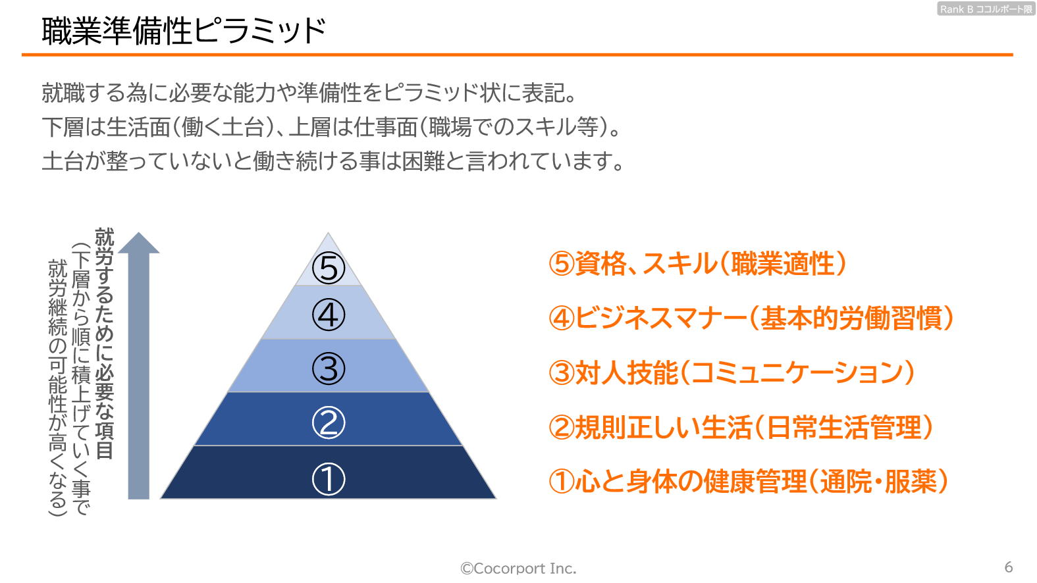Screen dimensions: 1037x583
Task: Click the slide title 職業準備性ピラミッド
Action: point(184,32)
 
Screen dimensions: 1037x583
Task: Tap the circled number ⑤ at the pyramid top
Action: point(329,268)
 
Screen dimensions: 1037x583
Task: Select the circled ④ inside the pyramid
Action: point(329,315)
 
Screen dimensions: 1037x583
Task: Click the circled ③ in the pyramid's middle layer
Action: point(329,368)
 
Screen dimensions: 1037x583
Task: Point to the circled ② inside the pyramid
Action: point(329,423)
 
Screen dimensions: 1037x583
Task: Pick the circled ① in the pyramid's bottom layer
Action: point(329,479)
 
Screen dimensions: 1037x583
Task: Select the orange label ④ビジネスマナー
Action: point(751,318)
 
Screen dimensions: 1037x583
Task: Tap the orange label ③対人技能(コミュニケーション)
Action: point(731,373)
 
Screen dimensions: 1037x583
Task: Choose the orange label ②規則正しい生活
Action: point(741,427)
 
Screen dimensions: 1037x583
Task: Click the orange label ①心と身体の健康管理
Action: point(749,481)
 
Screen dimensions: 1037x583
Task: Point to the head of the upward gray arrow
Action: point(138,232)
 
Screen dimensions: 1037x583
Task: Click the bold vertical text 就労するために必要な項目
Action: point(105,343)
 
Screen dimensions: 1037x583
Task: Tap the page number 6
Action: point(1009,567)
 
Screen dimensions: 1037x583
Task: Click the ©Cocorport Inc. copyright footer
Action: point(518,568)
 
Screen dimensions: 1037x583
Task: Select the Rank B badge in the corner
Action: point(986,9)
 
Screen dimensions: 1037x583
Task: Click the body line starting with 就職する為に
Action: point(309,93)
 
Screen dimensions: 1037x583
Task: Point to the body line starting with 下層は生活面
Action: point(331,127)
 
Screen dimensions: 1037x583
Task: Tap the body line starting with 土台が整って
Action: point(333,161)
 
